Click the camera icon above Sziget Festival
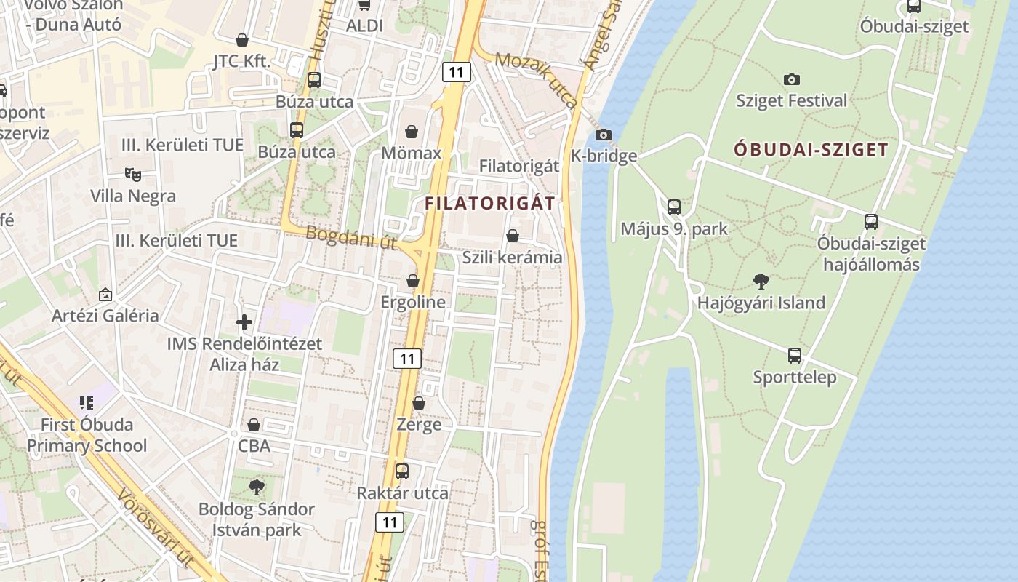(791, 79)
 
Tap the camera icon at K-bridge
(603, 135)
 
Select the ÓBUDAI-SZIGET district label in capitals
(811, 150)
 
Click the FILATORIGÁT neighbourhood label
(489, 203)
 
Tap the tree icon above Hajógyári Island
(761, 281)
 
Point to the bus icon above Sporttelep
(795, 356)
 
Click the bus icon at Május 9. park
(674, 207)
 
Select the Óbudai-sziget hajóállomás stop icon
(871, 222)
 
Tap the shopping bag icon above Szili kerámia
(512, 236)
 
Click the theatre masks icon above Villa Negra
(132, 174)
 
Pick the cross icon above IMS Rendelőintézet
(244, 322)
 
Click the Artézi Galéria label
(105, 316)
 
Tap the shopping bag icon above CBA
(254, 424)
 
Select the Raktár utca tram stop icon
(402, 471)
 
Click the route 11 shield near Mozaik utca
(456, 71)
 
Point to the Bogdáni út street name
(351, 237)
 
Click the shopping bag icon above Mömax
(412, 132)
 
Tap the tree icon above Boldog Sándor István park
(256, 487)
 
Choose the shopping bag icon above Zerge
(418, 402)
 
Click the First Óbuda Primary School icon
(87, 402)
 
